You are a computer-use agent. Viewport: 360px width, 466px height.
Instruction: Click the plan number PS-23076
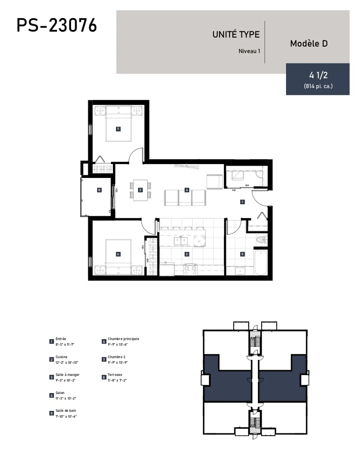point(57,25)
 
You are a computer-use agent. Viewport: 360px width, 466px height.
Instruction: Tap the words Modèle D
point(309,43)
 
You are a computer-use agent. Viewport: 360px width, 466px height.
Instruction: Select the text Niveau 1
point(249,51)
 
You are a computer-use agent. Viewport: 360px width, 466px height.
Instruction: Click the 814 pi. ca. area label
point(318,86)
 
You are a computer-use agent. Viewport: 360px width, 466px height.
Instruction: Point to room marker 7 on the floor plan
point(118,129)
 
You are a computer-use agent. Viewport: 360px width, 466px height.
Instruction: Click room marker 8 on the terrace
point(99,190)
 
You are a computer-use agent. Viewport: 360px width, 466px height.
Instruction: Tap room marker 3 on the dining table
point(140,190)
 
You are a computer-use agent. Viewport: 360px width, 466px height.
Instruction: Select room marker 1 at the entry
point(242,202)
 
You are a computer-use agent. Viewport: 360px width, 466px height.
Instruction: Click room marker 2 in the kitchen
point(187,254)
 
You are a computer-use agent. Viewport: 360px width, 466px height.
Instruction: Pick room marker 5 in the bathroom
point(242,254)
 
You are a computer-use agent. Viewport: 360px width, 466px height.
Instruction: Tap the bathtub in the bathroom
point(261,262)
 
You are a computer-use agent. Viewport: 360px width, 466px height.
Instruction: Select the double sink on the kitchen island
point(181,241)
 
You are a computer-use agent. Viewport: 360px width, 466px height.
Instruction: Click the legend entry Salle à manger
point(68,375)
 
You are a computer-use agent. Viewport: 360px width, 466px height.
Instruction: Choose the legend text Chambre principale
point(123,339)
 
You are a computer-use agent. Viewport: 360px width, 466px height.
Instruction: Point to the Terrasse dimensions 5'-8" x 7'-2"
point(117,380)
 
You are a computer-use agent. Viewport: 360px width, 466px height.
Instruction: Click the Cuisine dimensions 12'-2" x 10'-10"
point(67,362)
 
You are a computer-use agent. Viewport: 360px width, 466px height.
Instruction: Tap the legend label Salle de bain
point(66,410)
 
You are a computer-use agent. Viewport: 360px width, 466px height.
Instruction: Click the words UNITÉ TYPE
point(236,34)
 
